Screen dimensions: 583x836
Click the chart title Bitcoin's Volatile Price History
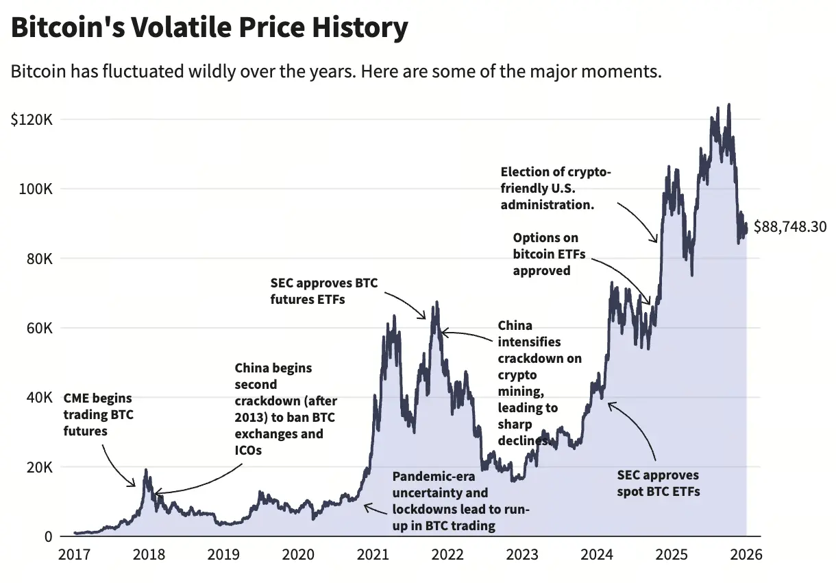pos(209,27)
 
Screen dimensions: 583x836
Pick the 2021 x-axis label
pos(373,554)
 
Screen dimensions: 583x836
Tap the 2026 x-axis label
pos(746,554)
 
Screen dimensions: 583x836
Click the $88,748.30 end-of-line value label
pos(789,226)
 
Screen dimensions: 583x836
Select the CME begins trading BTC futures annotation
pos(97,414)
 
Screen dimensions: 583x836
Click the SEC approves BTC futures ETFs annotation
pos(323,291)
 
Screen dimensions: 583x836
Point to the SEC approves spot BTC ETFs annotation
pos(658,483)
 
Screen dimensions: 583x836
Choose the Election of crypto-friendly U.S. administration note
pos(555,188)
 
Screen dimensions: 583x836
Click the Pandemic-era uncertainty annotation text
pos(460,501)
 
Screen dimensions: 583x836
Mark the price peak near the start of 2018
pos(145,471)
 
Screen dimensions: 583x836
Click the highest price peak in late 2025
pos(728,105)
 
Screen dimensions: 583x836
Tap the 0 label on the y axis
pos(47,536)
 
